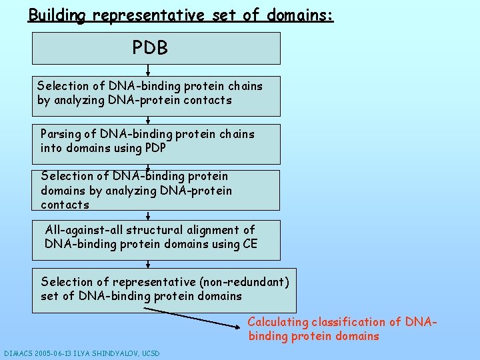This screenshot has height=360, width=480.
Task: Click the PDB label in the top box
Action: coord(150,48)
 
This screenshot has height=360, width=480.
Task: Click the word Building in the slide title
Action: coord(57,15)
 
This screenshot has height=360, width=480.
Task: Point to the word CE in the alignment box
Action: coord(250,244)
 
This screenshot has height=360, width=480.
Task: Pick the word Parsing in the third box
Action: coord(60,134)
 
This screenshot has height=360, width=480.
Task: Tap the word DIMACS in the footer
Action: coord(18,353)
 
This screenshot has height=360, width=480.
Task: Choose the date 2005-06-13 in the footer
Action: coord(54,353)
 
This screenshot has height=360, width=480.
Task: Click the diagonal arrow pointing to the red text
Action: coord(193,318)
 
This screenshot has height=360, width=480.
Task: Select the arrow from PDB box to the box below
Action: coord(148,70)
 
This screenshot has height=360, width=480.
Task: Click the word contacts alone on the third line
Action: coord(65,205)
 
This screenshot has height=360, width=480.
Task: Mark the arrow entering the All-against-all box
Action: coord(148,215)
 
